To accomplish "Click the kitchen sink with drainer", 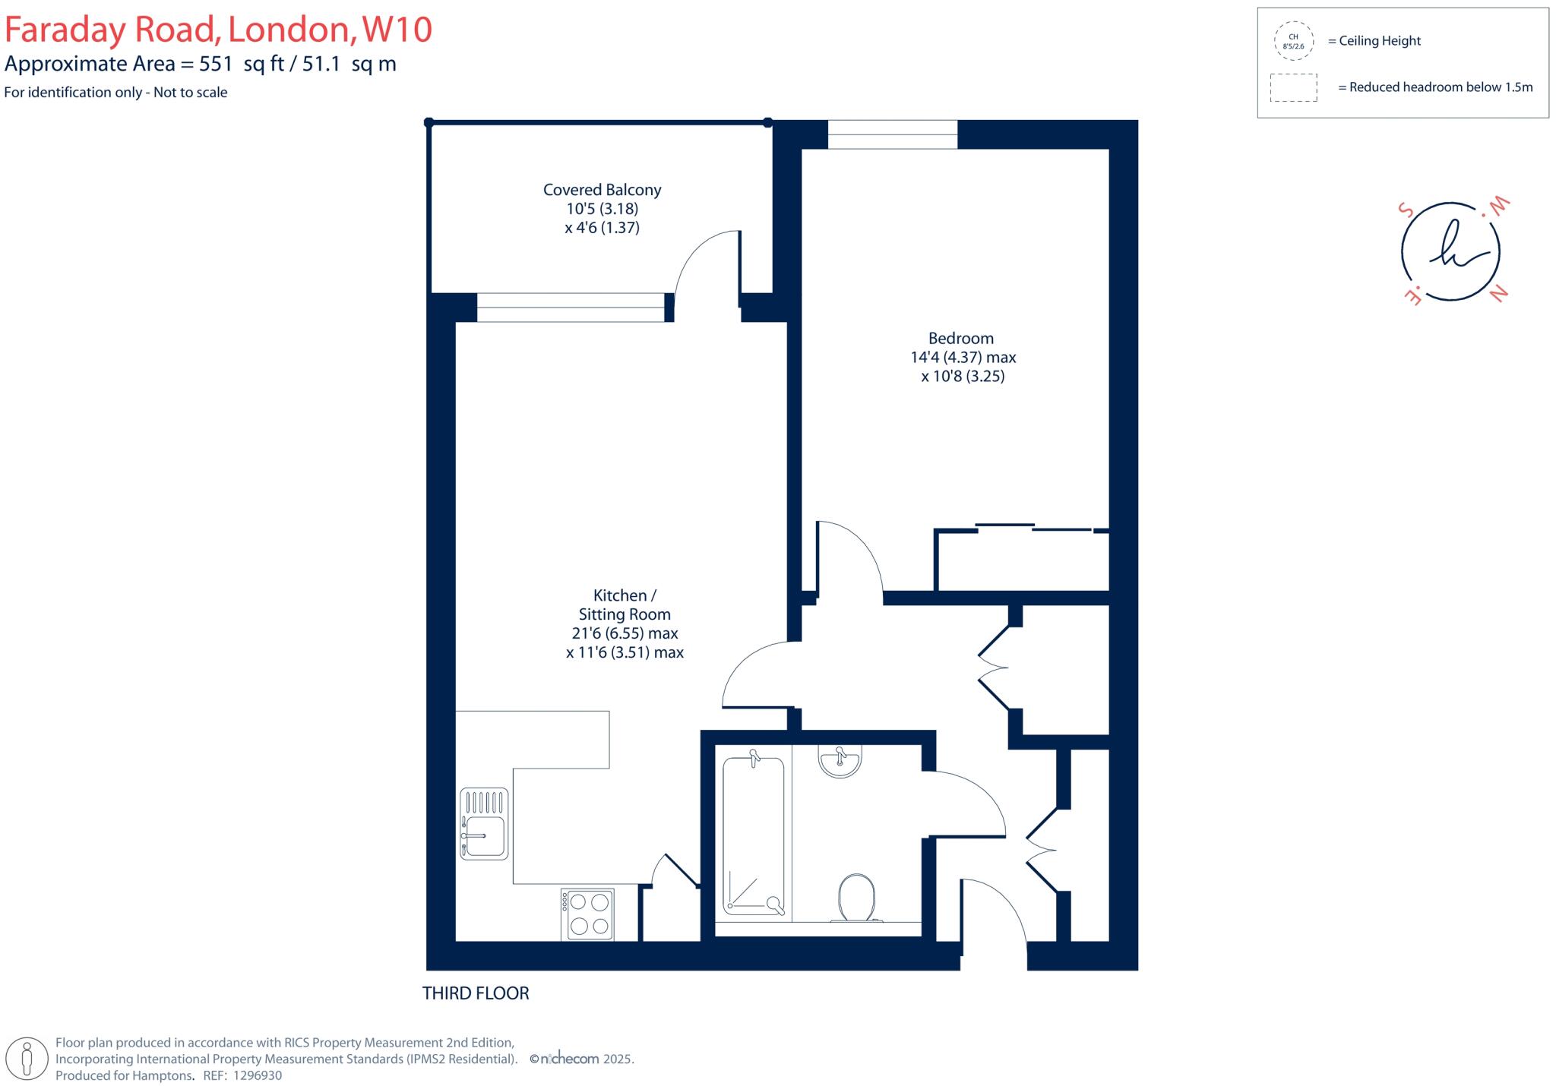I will (484, 823).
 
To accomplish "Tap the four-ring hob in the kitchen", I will (587, 914).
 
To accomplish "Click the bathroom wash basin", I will (840, 761).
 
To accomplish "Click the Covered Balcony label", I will (602, 190).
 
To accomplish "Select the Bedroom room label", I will (960, 338).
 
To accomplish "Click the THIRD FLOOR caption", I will (476, 993).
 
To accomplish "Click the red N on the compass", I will (1497, 295).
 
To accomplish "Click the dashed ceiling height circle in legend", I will (1293, 41).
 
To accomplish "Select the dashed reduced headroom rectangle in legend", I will (1293, 87).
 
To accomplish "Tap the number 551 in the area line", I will (216, 64).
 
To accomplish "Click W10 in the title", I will (397, 30).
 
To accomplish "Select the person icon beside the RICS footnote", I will (28, 1058).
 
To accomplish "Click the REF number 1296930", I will (257, 1075).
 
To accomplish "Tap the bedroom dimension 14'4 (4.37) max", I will (963, 357).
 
